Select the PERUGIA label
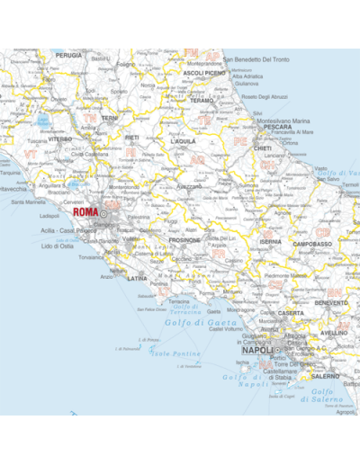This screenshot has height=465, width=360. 68,55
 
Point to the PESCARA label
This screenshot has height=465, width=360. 277,128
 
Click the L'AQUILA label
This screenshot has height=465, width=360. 183,141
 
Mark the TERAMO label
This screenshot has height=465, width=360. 202,101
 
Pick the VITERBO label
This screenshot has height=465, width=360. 60,139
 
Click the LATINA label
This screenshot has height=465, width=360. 137,279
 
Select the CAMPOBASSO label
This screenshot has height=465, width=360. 312,244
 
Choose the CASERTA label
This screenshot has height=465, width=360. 290,313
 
